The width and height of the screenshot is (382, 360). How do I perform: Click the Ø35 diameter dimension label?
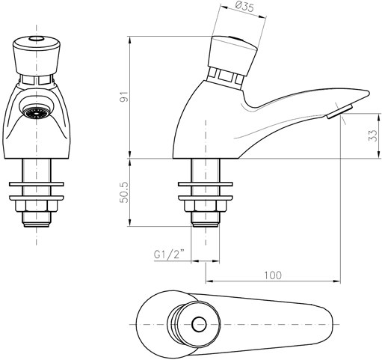(x=244, y=7)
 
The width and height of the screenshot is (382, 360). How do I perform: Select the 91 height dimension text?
(x=125, y=97)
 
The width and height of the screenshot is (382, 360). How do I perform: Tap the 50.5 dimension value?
(x=125, y=192)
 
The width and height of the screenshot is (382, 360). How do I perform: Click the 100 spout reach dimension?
(x=273, y=275)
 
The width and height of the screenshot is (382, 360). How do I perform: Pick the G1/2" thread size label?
(x=169, y=254)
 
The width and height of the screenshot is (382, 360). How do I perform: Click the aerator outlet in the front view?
(x=37, y=112)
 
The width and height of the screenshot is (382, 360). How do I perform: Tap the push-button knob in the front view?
(x=37, y=56)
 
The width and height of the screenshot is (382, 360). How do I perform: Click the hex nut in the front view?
(x=37, y=206)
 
